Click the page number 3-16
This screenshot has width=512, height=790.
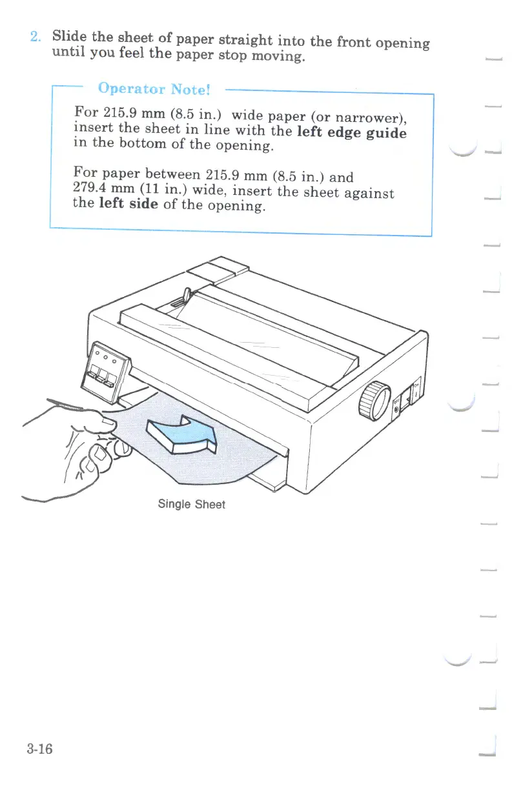[39, 749]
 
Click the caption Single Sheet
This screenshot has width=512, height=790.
[191, 504]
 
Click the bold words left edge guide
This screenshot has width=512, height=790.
[351, 133]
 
